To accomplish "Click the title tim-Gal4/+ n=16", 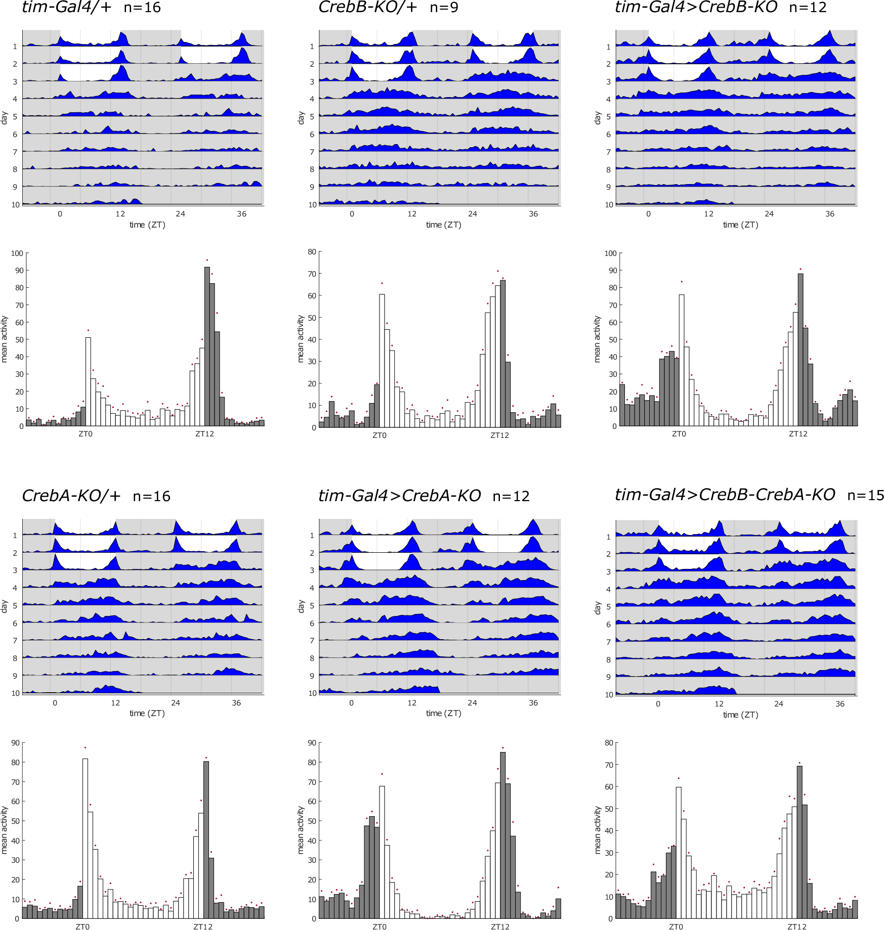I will [x=91, y=8].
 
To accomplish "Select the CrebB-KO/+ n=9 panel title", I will [x=388, y=8].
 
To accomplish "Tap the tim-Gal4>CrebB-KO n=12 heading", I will [x=721, y=8].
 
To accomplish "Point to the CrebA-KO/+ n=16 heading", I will [x=96, y=496].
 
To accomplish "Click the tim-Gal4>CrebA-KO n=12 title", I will [x=424, y=496].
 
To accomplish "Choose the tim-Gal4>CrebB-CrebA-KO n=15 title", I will [x=749, y=495].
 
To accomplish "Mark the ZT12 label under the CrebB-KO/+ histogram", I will [x=499, y=435].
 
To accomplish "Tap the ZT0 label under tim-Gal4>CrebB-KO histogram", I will [x=679, y=434].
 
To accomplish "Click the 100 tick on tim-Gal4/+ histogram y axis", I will [x=17, y=253].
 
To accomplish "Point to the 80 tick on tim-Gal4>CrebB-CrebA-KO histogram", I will [x=609, y=743].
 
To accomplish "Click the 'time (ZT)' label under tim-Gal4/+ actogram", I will [x=147, y=225].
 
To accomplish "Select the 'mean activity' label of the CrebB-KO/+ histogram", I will [x=301, y=339].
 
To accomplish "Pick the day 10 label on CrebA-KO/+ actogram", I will [x=16, y=693].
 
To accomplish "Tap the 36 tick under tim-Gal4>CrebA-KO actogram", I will [x=533, y=703].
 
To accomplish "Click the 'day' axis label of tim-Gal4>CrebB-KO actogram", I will [x=598, y=118].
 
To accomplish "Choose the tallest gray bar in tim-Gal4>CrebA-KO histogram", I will [x=502, y=835].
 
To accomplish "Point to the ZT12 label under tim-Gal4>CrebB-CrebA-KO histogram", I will [x=797, y=927].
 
